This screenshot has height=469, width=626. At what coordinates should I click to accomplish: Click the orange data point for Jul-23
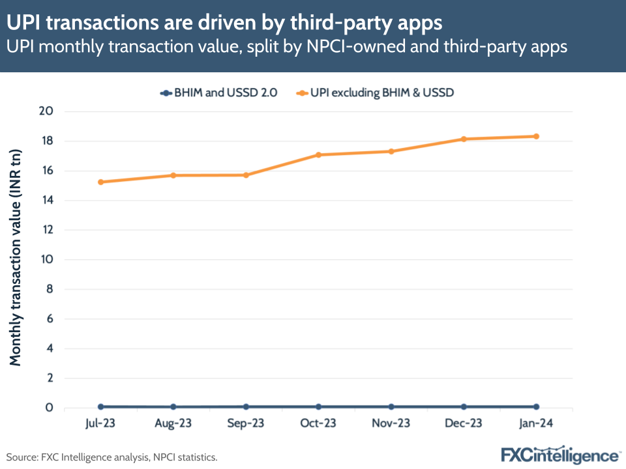click(x=100, y=182)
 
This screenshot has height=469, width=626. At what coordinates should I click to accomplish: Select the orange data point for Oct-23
click(x=318, y=155)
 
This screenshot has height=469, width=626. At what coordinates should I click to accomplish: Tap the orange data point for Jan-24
click(x=536, y=136)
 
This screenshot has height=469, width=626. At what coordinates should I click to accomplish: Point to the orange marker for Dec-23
click(x=464, y=139)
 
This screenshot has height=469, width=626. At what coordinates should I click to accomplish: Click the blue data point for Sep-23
click(x=246, y=406)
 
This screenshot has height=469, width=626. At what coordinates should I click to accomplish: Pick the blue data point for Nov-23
click(x=391, y=406)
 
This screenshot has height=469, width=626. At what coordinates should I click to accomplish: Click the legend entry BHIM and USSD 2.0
click(x=218, y=92)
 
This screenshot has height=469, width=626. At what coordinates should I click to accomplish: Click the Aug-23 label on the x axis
click(x=173, y=423)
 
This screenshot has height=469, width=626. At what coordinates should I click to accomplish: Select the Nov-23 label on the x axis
click(x=391, y=423)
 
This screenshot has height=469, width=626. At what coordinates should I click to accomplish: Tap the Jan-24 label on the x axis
click(x=536, y=423)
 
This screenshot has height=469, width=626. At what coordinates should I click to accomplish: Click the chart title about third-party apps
click(x=224, y=23)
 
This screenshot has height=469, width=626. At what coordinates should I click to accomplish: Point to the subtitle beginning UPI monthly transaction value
click(x=286, y=48)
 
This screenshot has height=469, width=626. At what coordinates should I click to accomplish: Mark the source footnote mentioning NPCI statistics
click(x=112, y=457)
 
